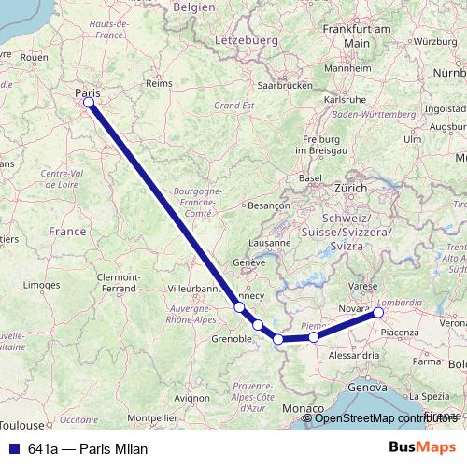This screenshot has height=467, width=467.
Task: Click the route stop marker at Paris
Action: tap(89, 103)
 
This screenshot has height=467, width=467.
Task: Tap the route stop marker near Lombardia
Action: tap(378, 313)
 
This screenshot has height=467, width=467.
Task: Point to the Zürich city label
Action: tap(351, 187)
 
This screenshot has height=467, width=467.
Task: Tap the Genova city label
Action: tap(365, 386)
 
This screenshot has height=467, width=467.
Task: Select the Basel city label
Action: tap(309, 177)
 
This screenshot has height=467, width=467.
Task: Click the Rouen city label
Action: tap(34, 57)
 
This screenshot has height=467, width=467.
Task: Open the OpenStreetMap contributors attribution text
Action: tap(387, 417)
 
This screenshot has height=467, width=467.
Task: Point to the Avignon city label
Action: tap(191, 397)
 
